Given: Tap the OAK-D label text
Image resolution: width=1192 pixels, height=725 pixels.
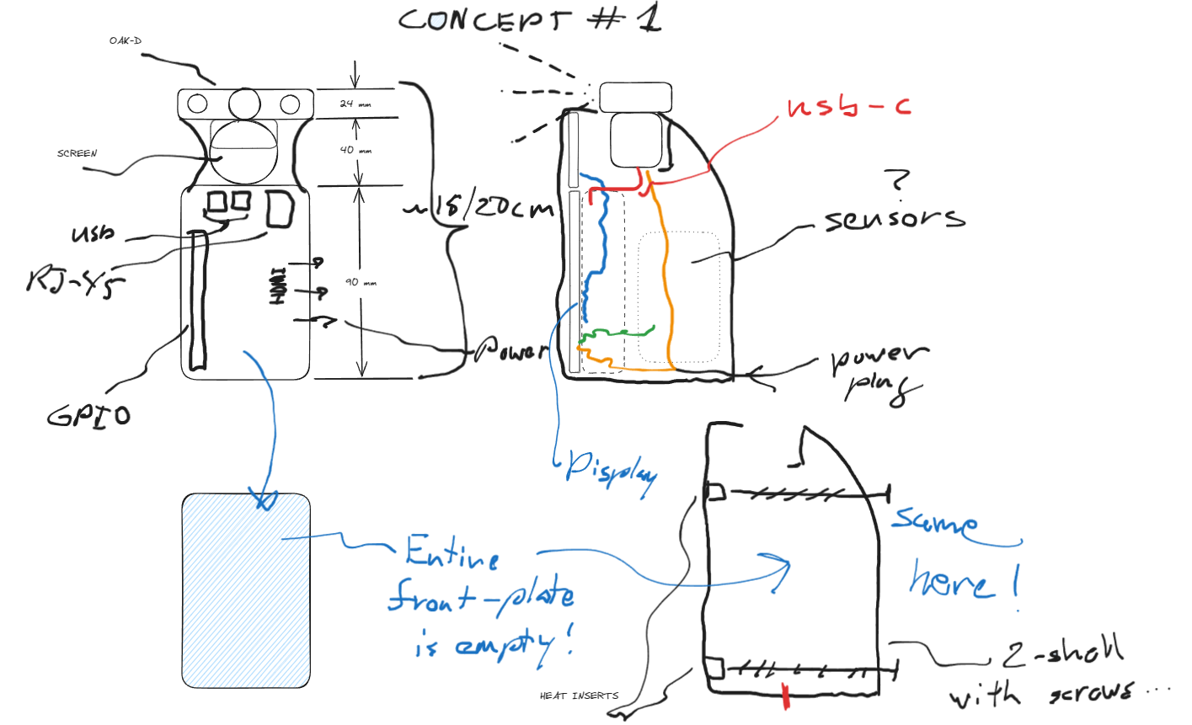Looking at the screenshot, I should point(125,40).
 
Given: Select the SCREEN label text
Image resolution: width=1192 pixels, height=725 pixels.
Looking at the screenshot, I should point(77,153).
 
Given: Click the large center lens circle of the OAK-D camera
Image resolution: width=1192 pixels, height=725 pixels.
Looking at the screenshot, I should point(244,104).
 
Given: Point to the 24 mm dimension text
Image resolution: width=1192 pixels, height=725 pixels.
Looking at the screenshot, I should point(355,104).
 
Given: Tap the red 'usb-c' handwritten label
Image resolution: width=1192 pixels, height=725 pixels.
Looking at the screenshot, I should point(848,107).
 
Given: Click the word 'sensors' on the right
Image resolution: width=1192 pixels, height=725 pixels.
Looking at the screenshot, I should point(894,219).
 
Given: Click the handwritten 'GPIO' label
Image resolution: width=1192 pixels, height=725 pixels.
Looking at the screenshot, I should point(88,415).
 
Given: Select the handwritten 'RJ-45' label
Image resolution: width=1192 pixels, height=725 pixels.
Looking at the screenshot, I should point(74,280).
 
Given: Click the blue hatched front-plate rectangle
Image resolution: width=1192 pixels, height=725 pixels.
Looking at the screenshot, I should point(246,590).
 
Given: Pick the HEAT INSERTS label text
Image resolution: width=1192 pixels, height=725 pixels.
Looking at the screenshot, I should point(579,696).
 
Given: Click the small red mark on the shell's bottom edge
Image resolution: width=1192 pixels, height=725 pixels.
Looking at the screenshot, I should point(786,696).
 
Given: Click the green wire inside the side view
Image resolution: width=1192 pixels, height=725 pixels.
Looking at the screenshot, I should point(619,334).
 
